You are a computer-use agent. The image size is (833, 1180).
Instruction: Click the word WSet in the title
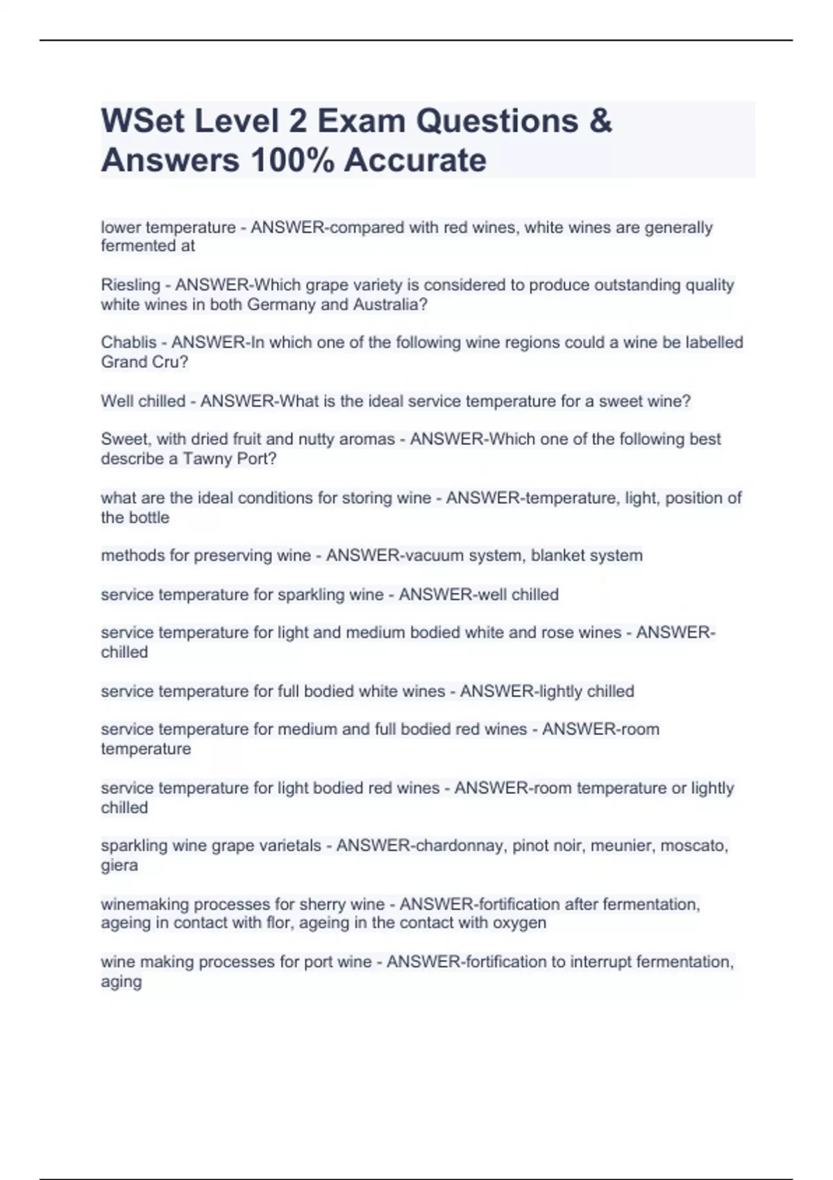[142, 121]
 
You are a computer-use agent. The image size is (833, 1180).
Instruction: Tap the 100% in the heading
[292, 160]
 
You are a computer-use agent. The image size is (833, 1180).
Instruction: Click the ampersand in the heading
[600, 121]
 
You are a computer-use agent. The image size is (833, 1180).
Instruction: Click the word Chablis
[128, 343]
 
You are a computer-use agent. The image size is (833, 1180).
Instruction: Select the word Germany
[279, 305]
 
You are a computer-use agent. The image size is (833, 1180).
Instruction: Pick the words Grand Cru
[144, 362]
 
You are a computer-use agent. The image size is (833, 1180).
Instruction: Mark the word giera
[119, 866]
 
